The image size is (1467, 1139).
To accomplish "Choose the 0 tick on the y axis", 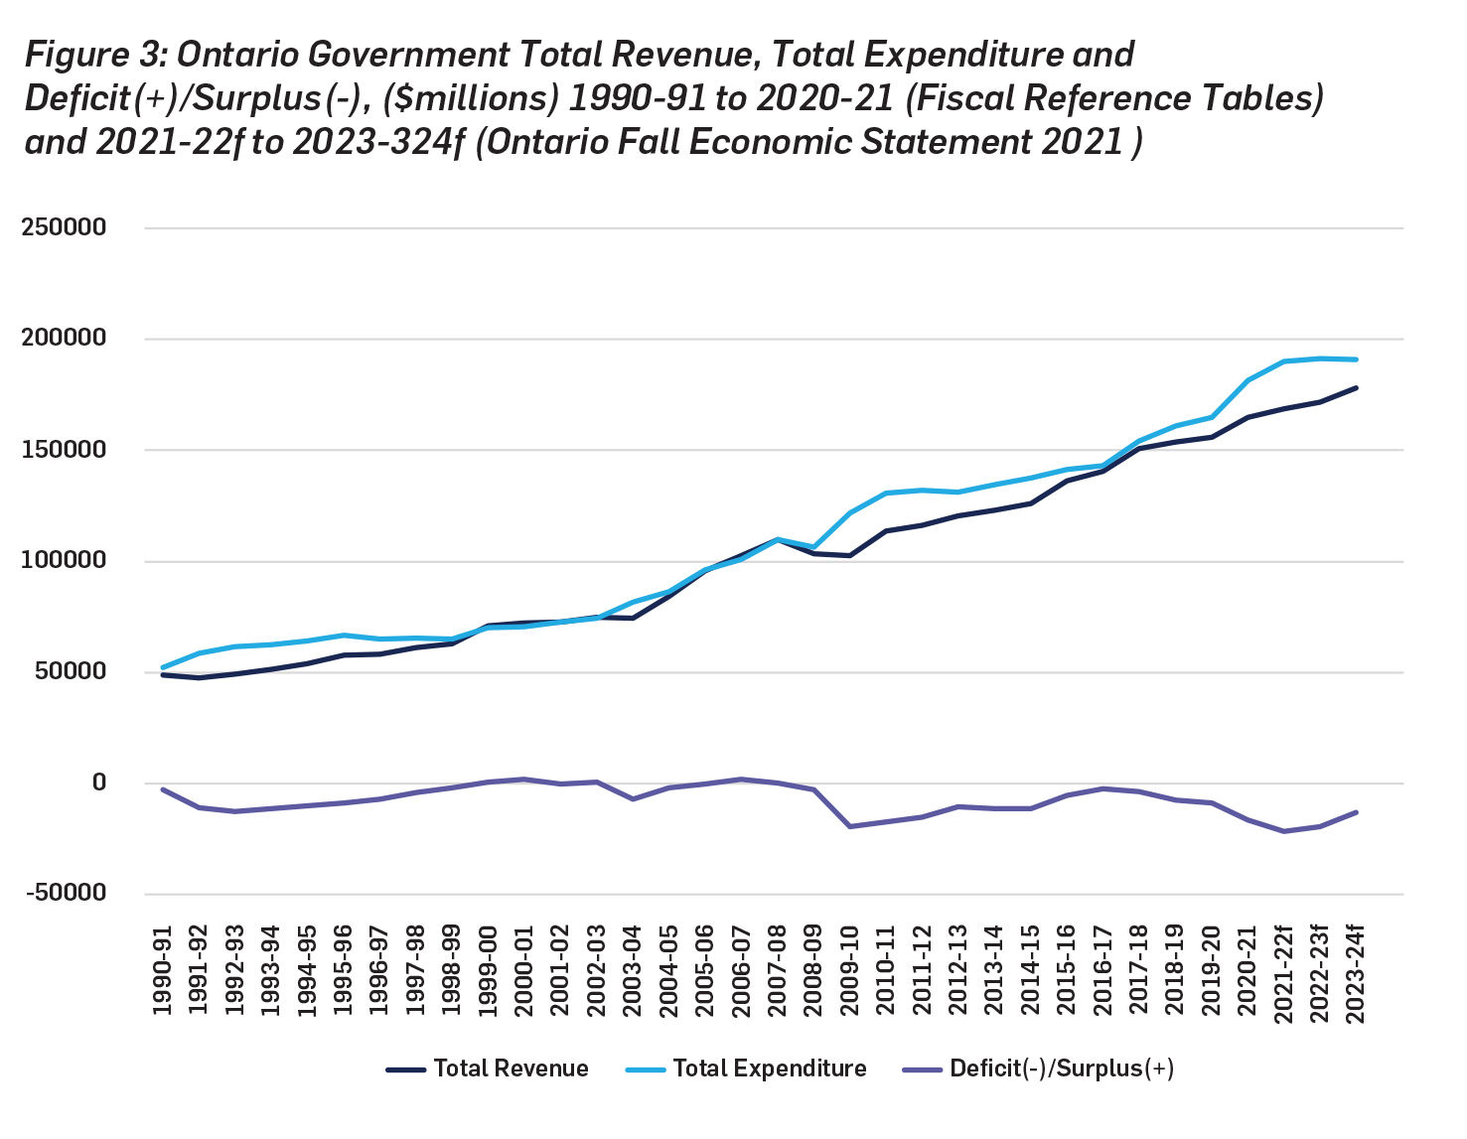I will tap(98, 783).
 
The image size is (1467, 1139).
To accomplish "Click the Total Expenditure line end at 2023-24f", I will tap(1356, 359).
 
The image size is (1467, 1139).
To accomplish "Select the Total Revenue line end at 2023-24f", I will tap(1356, 388).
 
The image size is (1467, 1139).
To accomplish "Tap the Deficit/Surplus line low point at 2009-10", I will tap(850, 826).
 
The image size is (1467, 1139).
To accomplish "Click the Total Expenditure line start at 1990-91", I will tap(163, 667).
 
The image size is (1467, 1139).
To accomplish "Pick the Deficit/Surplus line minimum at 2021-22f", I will tap(1283, 831).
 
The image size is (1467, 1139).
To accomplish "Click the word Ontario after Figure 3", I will tap(238, 55).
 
